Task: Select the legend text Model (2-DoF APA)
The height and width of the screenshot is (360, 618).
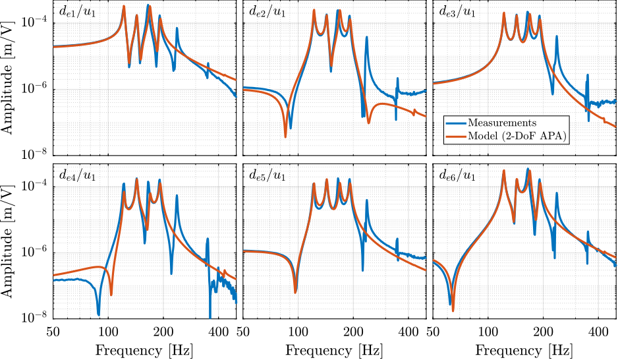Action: (518, 136)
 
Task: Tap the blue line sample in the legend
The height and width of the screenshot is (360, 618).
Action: (456, 123)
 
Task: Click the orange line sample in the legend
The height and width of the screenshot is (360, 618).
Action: (456, 136)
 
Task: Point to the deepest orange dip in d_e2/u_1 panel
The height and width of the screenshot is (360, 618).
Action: (285, 136)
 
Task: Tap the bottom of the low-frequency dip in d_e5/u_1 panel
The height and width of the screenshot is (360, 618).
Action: (295, 292)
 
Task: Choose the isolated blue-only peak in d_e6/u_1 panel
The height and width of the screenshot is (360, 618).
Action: (557, 193)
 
